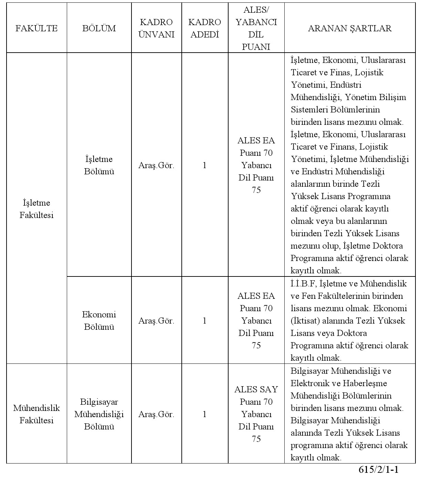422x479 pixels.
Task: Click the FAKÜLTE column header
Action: [x=36, y=28]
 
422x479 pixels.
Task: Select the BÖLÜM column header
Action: [x=99, y=28]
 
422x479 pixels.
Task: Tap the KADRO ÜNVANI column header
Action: [x=156, y=28]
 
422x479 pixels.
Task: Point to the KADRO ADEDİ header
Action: [x=204, y=28]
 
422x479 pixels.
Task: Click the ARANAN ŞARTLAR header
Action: [x=349, y=28]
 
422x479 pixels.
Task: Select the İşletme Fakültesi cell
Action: [x=36, y=209]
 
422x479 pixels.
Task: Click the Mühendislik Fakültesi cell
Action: [x=36, y=414]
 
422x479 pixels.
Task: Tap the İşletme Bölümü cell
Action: [x=99, y=165]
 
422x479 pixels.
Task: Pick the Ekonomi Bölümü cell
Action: [x=99, y=320]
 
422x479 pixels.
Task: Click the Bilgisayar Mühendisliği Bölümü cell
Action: [x=99, y=414]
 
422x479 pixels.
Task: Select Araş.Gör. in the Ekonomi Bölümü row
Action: [x=156, y=321]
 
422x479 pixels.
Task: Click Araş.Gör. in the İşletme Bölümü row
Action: [x=156, y=165]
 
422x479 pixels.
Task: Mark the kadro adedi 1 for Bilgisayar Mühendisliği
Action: [x=204, y=414]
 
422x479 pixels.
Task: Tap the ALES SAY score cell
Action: [x=256, y=414]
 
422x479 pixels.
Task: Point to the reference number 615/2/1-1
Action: [x=378, y=470]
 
